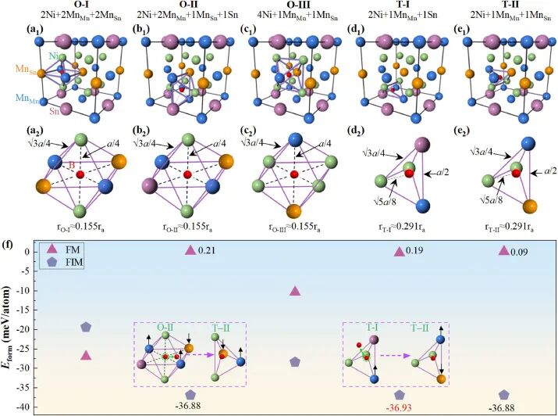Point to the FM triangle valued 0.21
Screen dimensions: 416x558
pos(189,250)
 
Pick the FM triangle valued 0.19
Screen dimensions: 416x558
pos(400,252)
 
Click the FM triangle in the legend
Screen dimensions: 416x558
pos(53,250)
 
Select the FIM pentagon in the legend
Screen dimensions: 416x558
pos(53,265)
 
